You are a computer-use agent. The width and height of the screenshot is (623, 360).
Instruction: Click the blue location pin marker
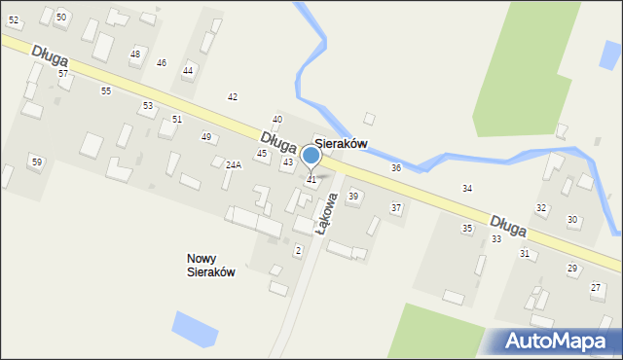[311, 156]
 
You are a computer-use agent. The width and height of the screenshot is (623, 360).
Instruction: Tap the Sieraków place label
[340, 143]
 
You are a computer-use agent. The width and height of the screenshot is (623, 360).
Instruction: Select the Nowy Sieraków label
[210, 265]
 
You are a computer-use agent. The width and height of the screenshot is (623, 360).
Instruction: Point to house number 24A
[233, 165]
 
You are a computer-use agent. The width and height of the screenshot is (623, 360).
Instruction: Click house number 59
[36, 162]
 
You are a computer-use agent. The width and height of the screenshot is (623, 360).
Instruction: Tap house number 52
[14, 20]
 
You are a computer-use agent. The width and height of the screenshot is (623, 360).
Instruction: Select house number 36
[396, 168]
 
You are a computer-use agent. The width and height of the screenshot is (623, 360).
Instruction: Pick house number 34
[467, 188]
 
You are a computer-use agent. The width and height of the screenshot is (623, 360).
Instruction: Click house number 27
[596, 287]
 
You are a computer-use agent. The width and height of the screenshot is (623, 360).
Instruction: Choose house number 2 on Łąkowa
[298, 251]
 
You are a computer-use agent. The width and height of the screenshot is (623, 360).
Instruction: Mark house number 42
[233, 97]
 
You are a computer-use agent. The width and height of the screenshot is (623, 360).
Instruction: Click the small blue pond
[195, 329]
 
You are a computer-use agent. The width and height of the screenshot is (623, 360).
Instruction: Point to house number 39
[353, 197]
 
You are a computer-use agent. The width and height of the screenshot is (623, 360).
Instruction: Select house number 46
[162, 63]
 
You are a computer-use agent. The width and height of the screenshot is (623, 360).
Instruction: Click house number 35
[467, 229]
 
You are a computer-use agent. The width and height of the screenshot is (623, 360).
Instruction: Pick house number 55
[106, 90]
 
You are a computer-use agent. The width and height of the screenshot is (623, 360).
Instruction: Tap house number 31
[525, 254]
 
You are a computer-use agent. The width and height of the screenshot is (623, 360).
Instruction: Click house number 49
[206, 137]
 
